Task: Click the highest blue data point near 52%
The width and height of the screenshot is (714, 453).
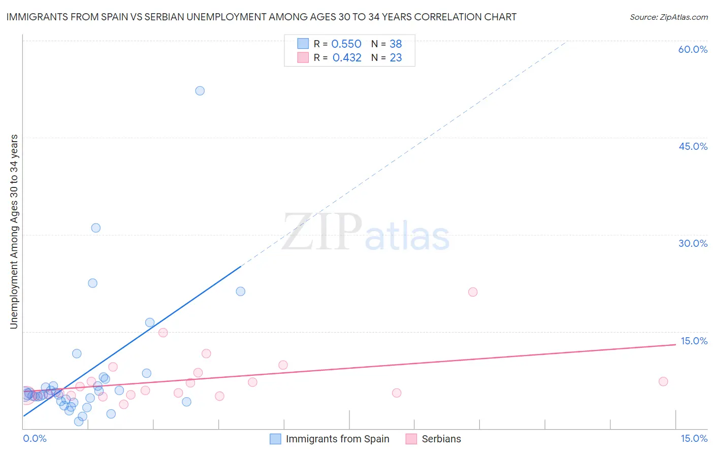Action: click(x=200, y=91)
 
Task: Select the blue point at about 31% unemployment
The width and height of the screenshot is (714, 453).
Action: click(x=95, y=228)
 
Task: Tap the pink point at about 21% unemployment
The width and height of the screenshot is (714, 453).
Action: click(x=473, y=292)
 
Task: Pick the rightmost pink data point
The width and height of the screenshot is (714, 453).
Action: click(x=663, y=381)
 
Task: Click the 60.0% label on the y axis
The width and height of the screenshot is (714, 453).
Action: click(x=693, y=49)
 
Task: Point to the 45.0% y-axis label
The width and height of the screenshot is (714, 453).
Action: click(x=693, y=146)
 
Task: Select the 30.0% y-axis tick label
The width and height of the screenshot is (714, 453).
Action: click(x=693, y=243)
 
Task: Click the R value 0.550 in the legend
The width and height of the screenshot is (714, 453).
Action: click(x=346, y=44)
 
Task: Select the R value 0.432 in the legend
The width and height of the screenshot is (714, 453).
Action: click(x=347, y=58)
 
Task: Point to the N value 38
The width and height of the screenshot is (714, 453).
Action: click(x=396, y=44)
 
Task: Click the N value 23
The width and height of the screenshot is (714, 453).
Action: click(x=396, y=58)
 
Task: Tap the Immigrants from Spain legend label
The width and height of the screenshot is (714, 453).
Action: click(x=337, y=439)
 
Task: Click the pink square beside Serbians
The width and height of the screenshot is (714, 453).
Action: click(x=411, y=439)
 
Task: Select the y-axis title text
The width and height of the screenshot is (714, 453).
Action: click(x=14, y=232)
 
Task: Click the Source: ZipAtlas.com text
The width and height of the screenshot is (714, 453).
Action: click(x=668, y=17)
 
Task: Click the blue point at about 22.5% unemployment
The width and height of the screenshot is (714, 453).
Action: click(x=92, y=283)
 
